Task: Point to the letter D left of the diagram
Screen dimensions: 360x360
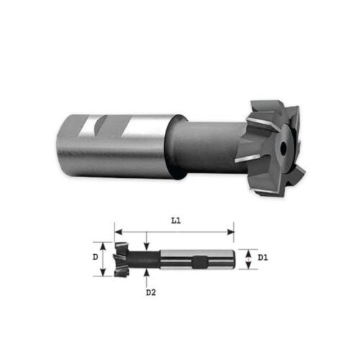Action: click(x=95, y=256)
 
